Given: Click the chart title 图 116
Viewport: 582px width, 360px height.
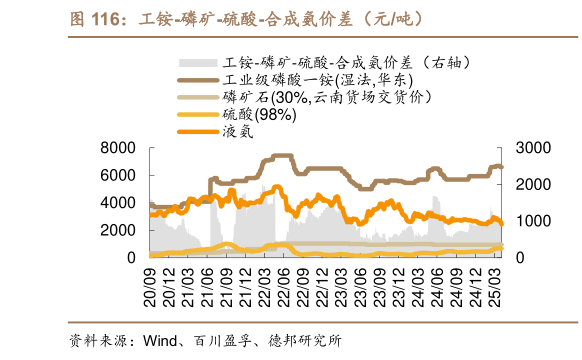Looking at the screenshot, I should point(94,17).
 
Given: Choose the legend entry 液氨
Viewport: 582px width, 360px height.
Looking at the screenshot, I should point(239,131).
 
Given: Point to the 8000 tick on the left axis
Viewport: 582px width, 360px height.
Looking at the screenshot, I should point(118,148).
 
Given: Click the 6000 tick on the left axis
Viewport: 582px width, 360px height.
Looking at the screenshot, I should point(118,175).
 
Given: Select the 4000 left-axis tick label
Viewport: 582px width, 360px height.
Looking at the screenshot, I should point(118,203).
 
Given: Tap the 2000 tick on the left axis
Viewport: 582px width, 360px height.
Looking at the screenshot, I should point(118,230).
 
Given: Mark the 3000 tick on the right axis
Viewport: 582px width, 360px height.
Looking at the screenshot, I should point(533,148).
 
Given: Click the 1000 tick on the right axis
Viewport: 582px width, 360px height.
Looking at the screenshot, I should point(533,221).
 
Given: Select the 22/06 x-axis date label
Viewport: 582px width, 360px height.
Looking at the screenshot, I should point(286,287).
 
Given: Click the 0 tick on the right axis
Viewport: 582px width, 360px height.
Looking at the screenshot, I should point(520,258).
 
